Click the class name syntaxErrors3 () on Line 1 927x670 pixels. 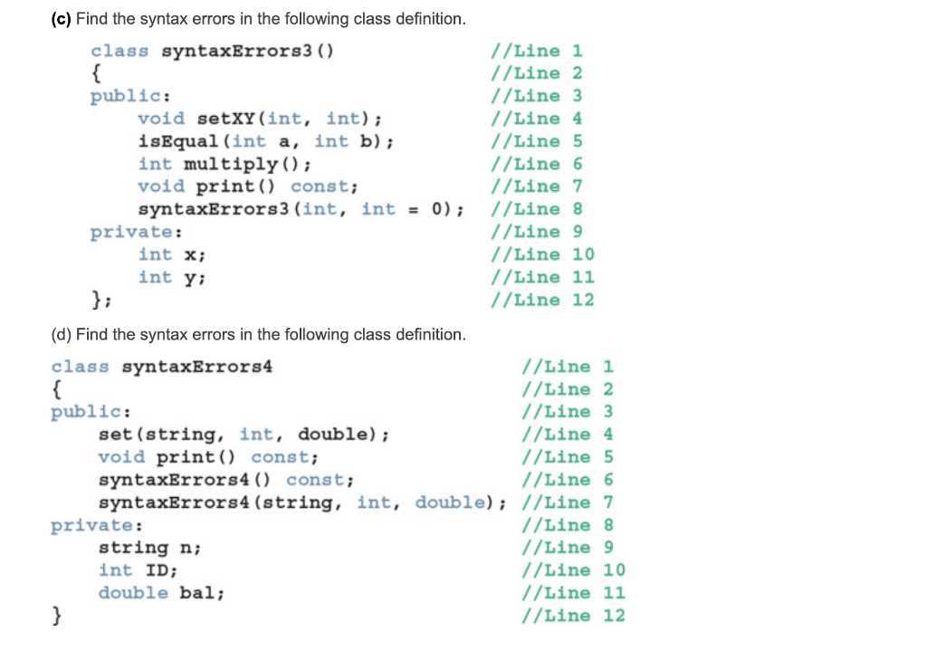[x=246, y=51]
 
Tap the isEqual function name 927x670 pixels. [x=177, y=141]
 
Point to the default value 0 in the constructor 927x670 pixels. [x=437, y=209]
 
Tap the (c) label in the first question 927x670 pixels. [x=61, y=19]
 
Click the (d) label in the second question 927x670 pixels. [x=61, y=335]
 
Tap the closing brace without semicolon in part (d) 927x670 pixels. [x=56, y=616]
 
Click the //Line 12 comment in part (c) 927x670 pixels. [x=541, y=300]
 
